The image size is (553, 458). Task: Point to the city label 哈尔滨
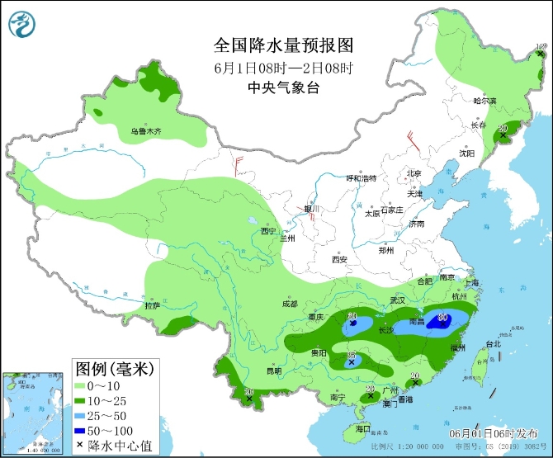coord(485,101)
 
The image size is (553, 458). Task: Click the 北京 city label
coord(414,173)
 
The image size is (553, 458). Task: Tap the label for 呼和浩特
coord(361,178)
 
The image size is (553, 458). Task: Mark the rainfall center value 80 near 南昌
coord(443,317)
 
